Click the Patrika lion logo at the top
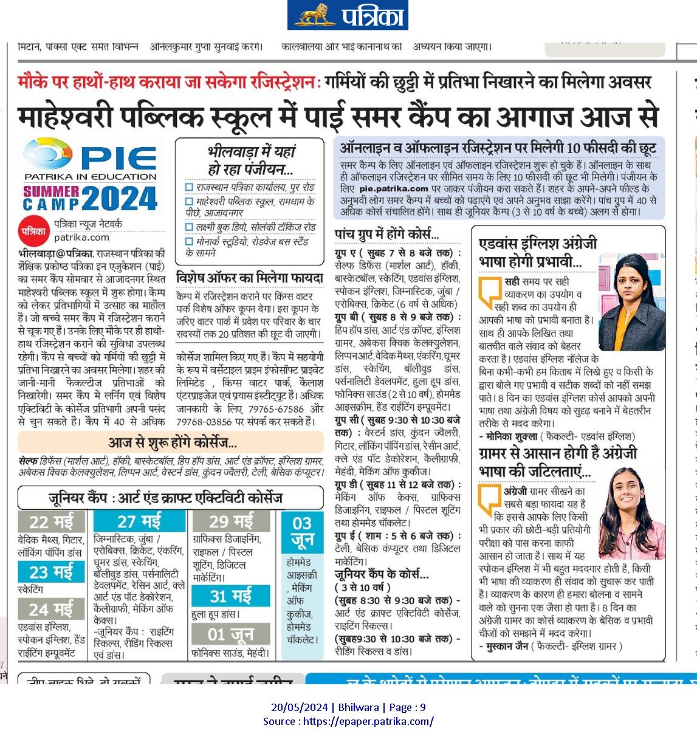coord(315,15)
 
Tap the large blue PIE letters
coord(119,158)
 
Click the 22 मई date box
coord(51,522)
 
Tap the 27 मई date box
coord(139,521)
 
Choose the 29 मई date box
coord(231,521)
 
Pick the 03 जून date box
coord(302,532)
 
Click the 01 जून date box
coord(231,634)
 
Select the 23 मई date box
coord(51,572)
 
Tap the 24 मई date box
coord(51,609)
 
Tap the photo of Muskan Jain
coord(631,513)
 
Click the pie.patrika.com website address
coord(394,189)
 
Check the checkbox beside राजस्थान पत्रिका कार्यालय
coord(190,188)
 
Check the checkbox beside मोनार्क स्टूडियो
coord(190,242)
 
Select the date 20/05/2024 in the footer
coord(300,707)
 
